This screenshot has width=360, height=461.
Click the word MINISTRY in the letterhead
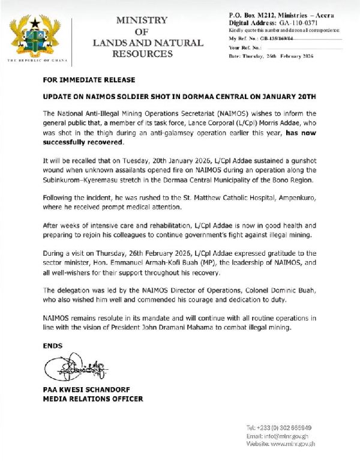[142, 20]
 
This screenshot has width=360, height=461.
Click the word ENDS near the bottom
[53, 346]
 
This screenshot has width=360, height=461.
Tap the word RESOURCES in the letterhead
[142, 55]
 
